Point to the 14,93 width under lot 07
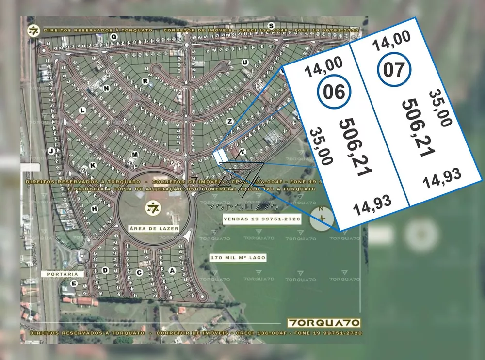click(441, 179)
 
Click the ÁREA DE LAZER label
click(154, 228)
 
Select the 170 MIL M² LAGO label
click(238, 258)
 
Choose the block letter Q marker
click(113, 36)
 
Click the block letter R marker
click(145, 81)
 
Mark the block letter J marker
click(50, 151)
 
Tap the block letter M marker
click(135, 154)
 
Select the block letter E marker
click(74, 283)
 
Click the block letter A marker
click(171, 270)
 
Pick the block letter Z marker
click(230, 121)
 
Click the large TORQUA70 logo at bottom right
click(323, 323)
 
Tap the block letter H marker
click(95, 209)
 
